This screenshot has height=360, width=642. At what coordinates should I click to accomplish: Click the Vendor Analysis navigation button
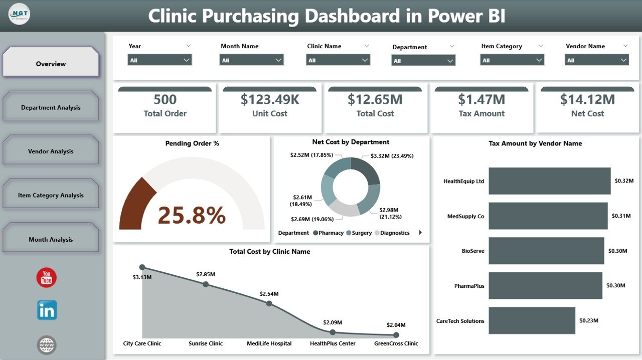(51, 151)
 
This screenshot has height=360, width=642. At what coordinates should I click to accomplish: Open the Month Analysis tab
(51, 239)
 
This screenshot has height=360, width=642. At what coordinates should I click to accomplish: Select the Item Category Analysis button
(51, 195)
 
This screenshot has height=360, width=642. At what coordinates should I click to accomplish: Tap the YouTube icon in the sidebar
(47, 277)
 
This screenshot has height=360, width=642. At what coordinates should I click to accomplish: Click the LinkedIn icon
(47, 310)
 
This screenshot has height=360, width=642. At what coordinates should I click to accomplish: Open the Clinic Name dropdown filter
(338, 60)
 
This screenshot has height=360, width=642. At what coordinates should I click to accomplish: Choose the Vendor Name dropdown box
(597, 60)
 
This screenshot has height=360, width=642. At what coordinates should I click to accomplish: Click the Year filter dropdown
(159, 60)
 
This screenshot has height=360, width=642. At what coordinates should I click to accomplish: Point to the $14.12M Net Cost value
(587, 99)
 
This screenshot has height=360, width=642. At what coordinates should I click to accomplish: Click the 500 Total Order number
(165, 99)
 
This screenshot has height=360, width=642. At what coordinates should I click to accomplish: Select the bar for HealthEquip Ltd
(549, 181)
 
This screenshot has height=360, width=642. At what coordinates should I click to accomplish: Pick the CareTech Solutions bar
(532, 320)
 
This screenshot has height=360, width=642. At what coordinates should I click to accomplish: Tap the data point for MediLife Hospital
(269, 304)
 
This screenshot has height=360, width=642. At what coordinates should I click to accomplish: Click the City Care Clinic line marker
(142, 267)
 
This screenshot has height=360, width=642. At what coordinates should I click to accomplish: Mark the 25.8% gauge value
(192, 215)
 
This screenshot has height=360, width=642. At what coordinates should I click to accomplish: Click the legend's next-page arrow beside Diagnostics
(420, 233)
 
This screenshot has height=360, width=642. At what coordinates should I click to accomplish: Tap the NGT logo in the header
(19, 14)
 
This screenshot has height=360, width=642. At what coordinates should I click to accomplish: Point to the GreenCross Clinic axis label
(396, 343)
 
